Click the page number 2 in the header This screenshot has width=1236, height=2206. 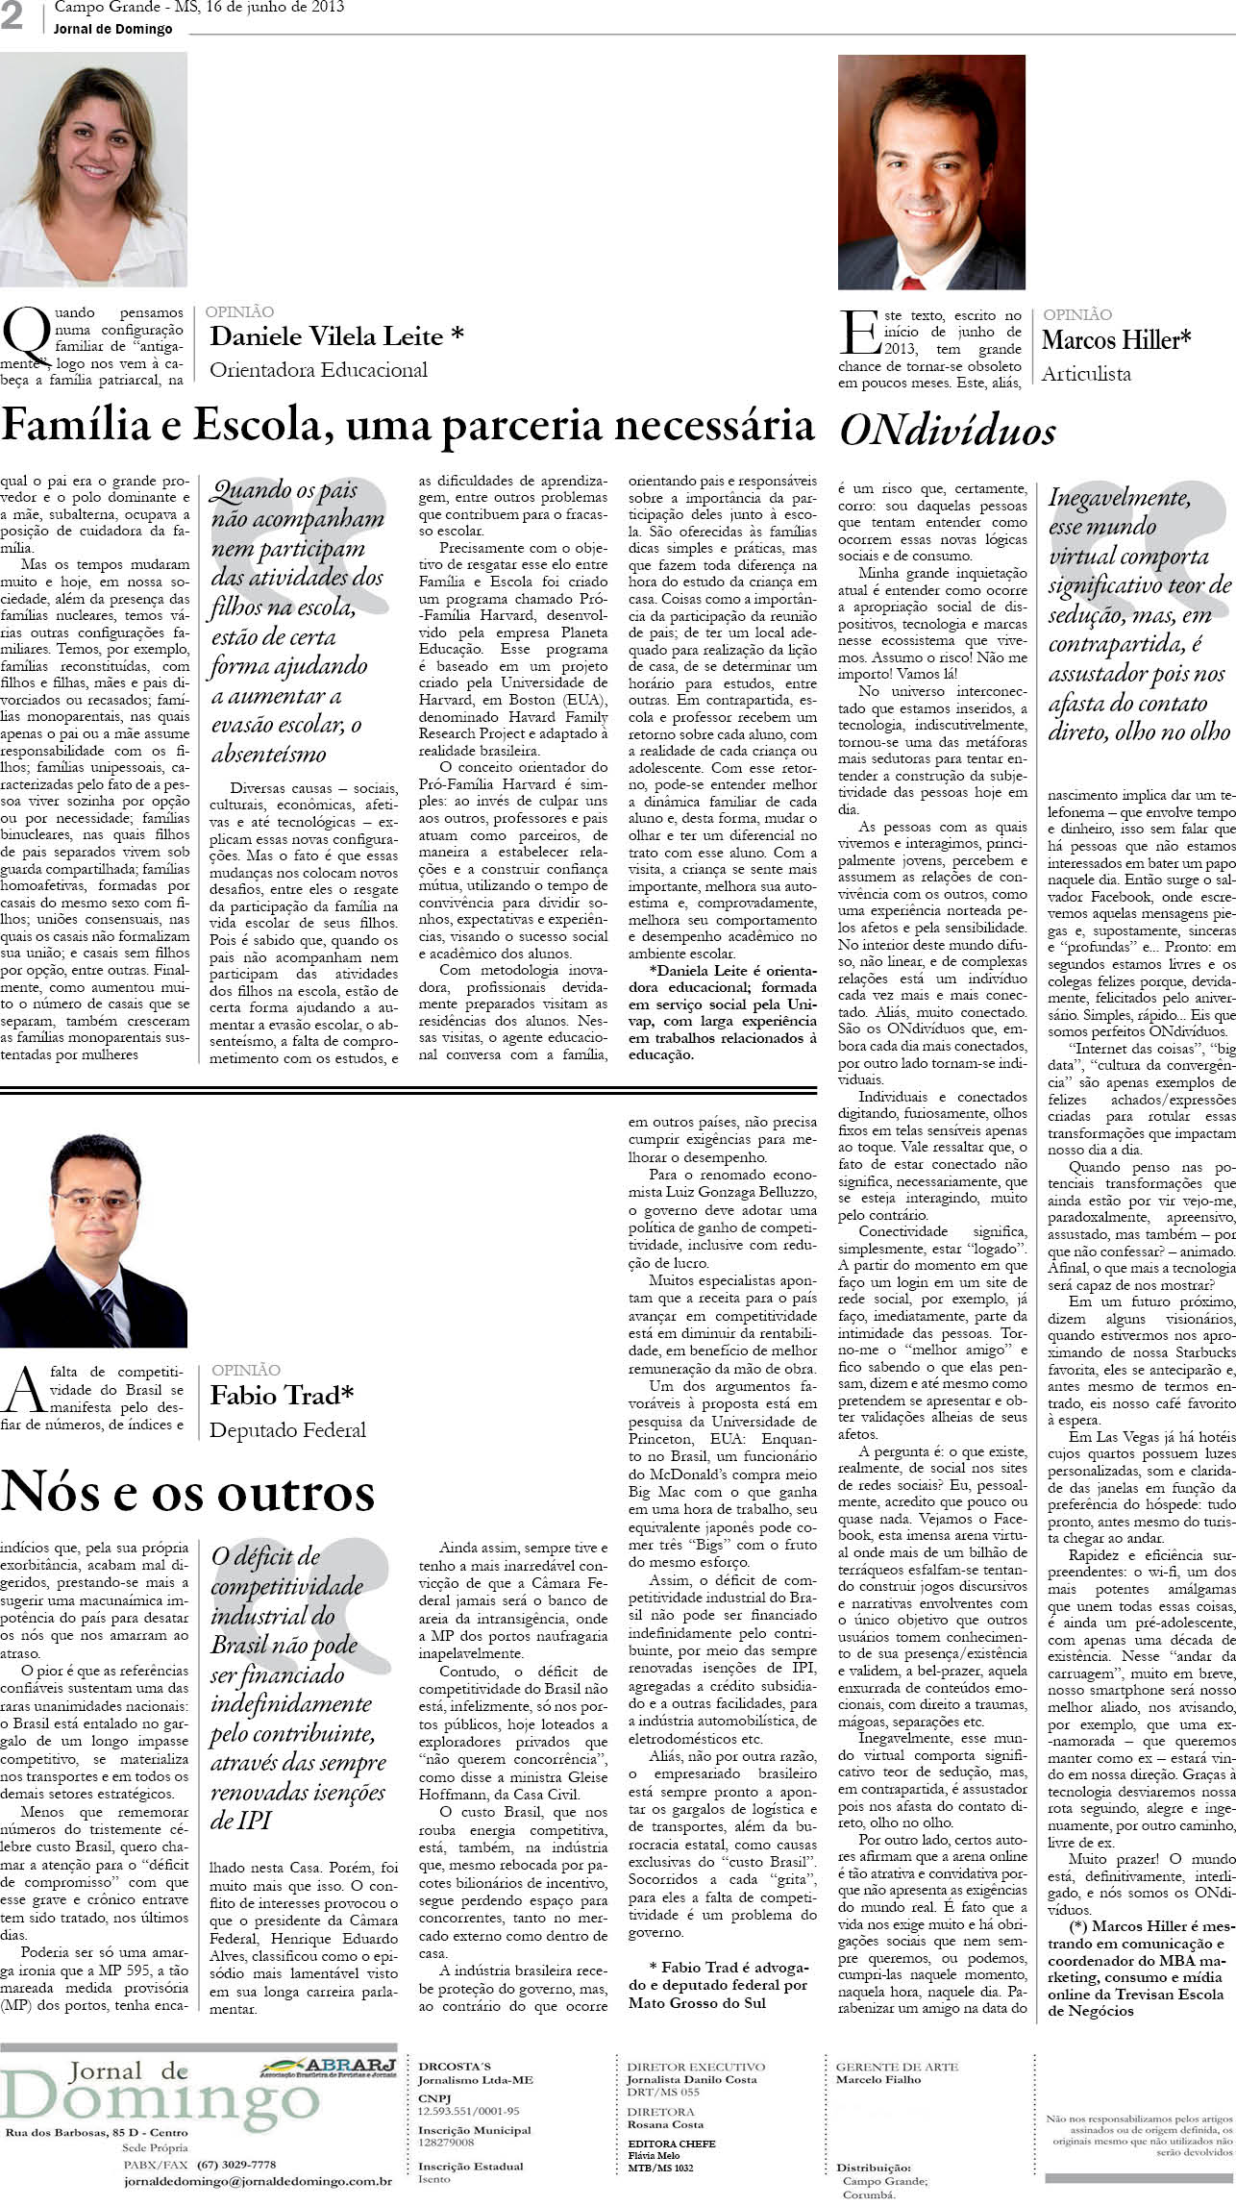coord(12,18)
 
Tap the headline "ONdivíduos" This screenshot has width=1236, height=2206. coord(947,432)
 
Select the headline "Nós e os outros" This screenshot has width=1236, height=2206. coord(187,1491)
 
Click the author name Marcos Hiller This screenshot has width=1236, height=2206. coord(1116,340)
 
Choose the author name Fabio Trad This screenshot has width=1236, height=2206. coord(282,1395)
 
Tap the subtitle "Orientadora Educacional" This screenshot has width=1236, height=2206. coord(318,370)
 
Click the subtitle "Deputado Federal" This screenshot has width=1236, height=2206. coord(287,1430)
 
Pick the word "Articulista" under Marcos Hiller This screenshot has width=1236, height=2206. coord(1086,374)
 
